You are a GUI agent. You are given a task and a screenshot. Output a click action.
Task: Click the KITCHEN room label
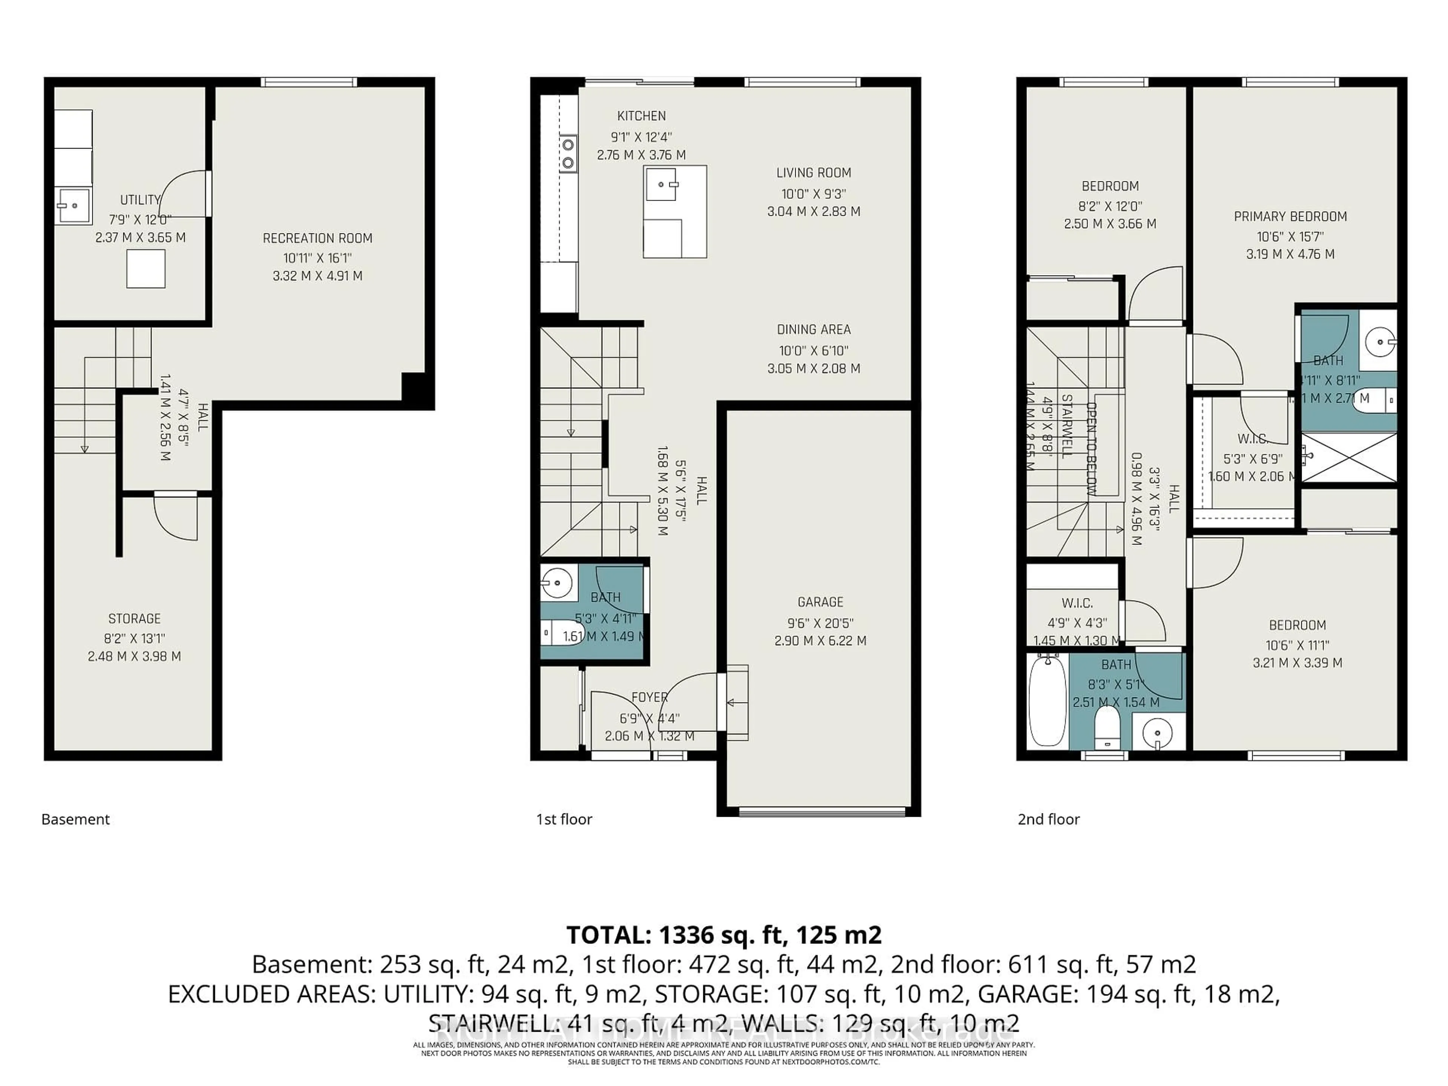641,116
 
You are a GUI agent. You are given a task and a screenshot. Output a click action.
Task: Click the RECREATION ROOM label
318,238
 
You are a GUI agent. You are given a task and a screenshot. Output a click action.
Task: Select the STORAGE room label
134,619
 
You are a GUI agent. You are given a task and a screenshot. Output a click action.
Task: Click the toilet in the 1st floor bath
563,633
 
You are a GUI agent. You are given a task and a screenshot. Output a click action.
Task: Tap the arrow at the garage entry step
736,703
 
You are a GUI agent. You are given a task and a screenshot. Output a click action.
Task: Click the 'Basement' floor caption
75,819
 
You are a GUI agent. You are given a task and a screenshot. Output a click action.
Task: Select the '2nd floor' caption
1048,819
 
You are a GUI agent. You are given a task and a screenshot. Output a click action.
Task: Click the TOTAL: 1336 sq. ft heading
723,934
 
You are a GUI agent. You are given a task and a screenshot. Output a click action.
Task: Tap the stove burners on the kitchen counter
568,152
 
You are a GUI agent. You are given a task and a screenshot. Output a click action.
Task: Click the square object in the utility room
145,269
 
